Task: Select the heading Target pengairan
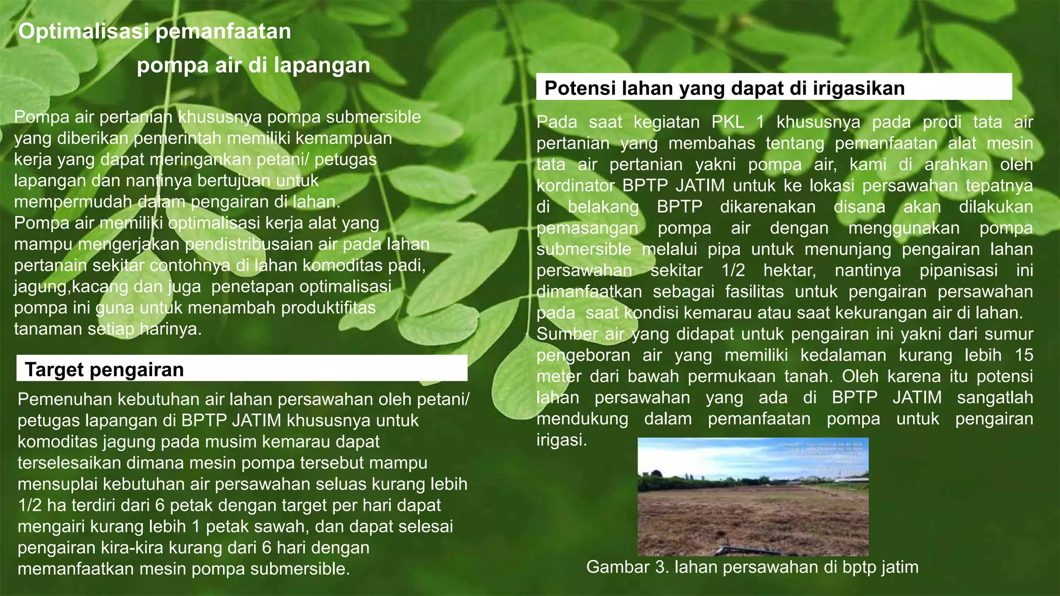104,370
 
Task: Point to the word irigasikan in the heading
858,88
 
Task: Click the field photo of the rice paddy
753,497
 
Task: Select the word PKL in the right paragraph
728,122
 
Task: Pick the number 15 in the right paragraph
1023,355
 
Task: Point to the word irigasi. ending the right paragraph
562,440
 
